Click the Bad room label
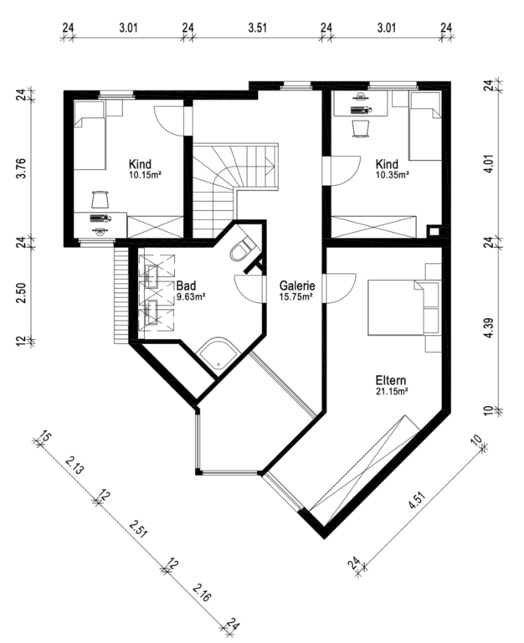point(186,285)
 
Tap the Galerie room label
point(297,285)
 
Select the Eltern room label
point(391,380)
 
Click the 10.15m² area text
point(144,176)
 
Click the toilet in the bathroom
point(242,249)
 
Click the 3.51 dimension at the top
point(258,28)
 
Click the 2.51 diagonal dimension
point(138,528)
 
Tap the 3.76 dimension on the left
point(21,168)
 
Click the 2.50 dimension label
point(21,293)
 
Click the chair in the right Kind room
point(362,128)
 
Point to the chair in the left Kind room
point(100,200)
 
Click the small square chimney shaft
point(434,231)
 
